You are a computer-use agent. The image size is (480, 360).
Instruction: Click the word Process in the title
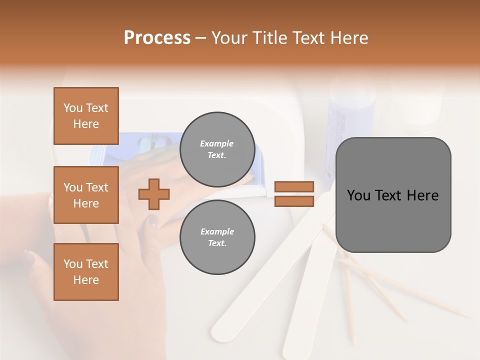(157, 38)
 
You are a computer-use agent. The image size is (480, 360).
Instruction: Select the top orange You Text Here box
(86, 116)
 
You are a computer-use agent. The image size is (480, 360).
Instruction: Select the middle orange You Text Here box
(86, 195)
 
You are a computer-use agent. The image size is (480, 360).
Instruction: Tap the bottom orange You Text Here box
(86, 272)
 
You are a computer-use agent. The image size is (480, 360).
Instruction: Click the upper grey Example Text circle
(217, 149)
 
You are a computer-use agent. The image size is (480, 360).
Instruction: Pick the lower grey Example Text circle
(217, 237)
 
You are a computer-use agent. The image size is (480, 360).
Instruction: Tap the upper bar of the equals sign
(294, 187)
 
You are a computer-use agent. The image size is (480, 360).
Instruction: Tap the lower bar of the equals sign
(294, 201)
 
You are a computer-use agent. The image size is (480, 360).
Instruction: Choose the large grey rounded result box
(393, 195)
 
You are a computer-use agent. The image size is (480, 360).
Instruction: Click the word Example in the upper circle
(217, 143)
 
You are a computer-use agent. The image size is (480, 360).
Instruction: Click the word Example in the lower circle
(217, 231)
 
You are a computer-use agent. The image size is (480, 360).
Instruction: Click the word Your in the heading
(228, 38)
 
